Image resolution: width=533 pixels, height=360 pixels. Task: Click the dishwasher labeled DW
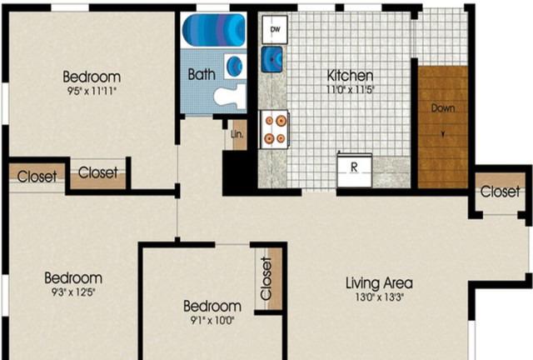275,30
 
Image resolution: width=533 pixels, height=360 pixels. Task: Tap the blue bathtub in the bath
214,30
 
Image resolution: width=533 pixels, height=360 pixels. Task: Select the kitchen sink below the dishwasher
271,59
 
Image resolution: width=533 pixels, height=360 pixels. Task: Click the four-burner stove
274,130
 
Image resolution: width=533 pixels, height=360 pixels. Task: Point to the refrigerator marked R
354,170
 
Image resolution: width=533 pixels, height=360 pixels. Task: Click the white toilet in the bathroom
230,95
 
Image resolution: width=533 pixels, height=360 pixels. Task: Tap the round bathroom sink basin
234,66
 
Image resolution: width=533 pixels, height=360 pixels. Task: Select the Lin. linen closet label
237,134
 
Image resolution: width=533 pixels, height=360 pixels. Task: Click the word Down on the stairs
443,108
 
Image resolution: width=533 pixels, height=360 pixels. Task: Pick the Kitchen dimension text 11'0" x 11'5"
350,90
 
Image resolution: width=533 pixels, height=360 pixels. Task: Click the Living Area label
380,283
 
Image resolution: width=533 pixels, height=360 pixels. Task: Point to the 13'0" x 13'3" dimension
380,297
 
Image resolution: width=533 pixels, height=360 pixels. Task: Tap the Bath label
202,74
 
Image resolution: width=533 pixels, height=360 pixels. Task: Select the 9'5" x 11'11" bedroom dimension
92,91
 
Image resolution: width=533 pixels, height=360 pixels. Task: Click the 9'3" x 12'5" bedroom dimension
73,292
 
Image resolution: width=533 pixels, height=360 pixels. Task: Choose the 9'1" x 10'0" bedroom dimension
212,320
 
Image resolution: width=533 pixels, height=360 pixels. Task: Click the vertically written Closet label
266,278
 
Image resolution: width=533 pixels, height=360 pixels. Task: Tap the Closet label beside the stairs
500,192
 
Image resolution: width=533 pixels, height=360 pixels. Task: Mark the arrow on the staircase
443,134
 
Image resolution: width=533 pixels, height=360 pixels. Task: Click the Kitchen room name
350,75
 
